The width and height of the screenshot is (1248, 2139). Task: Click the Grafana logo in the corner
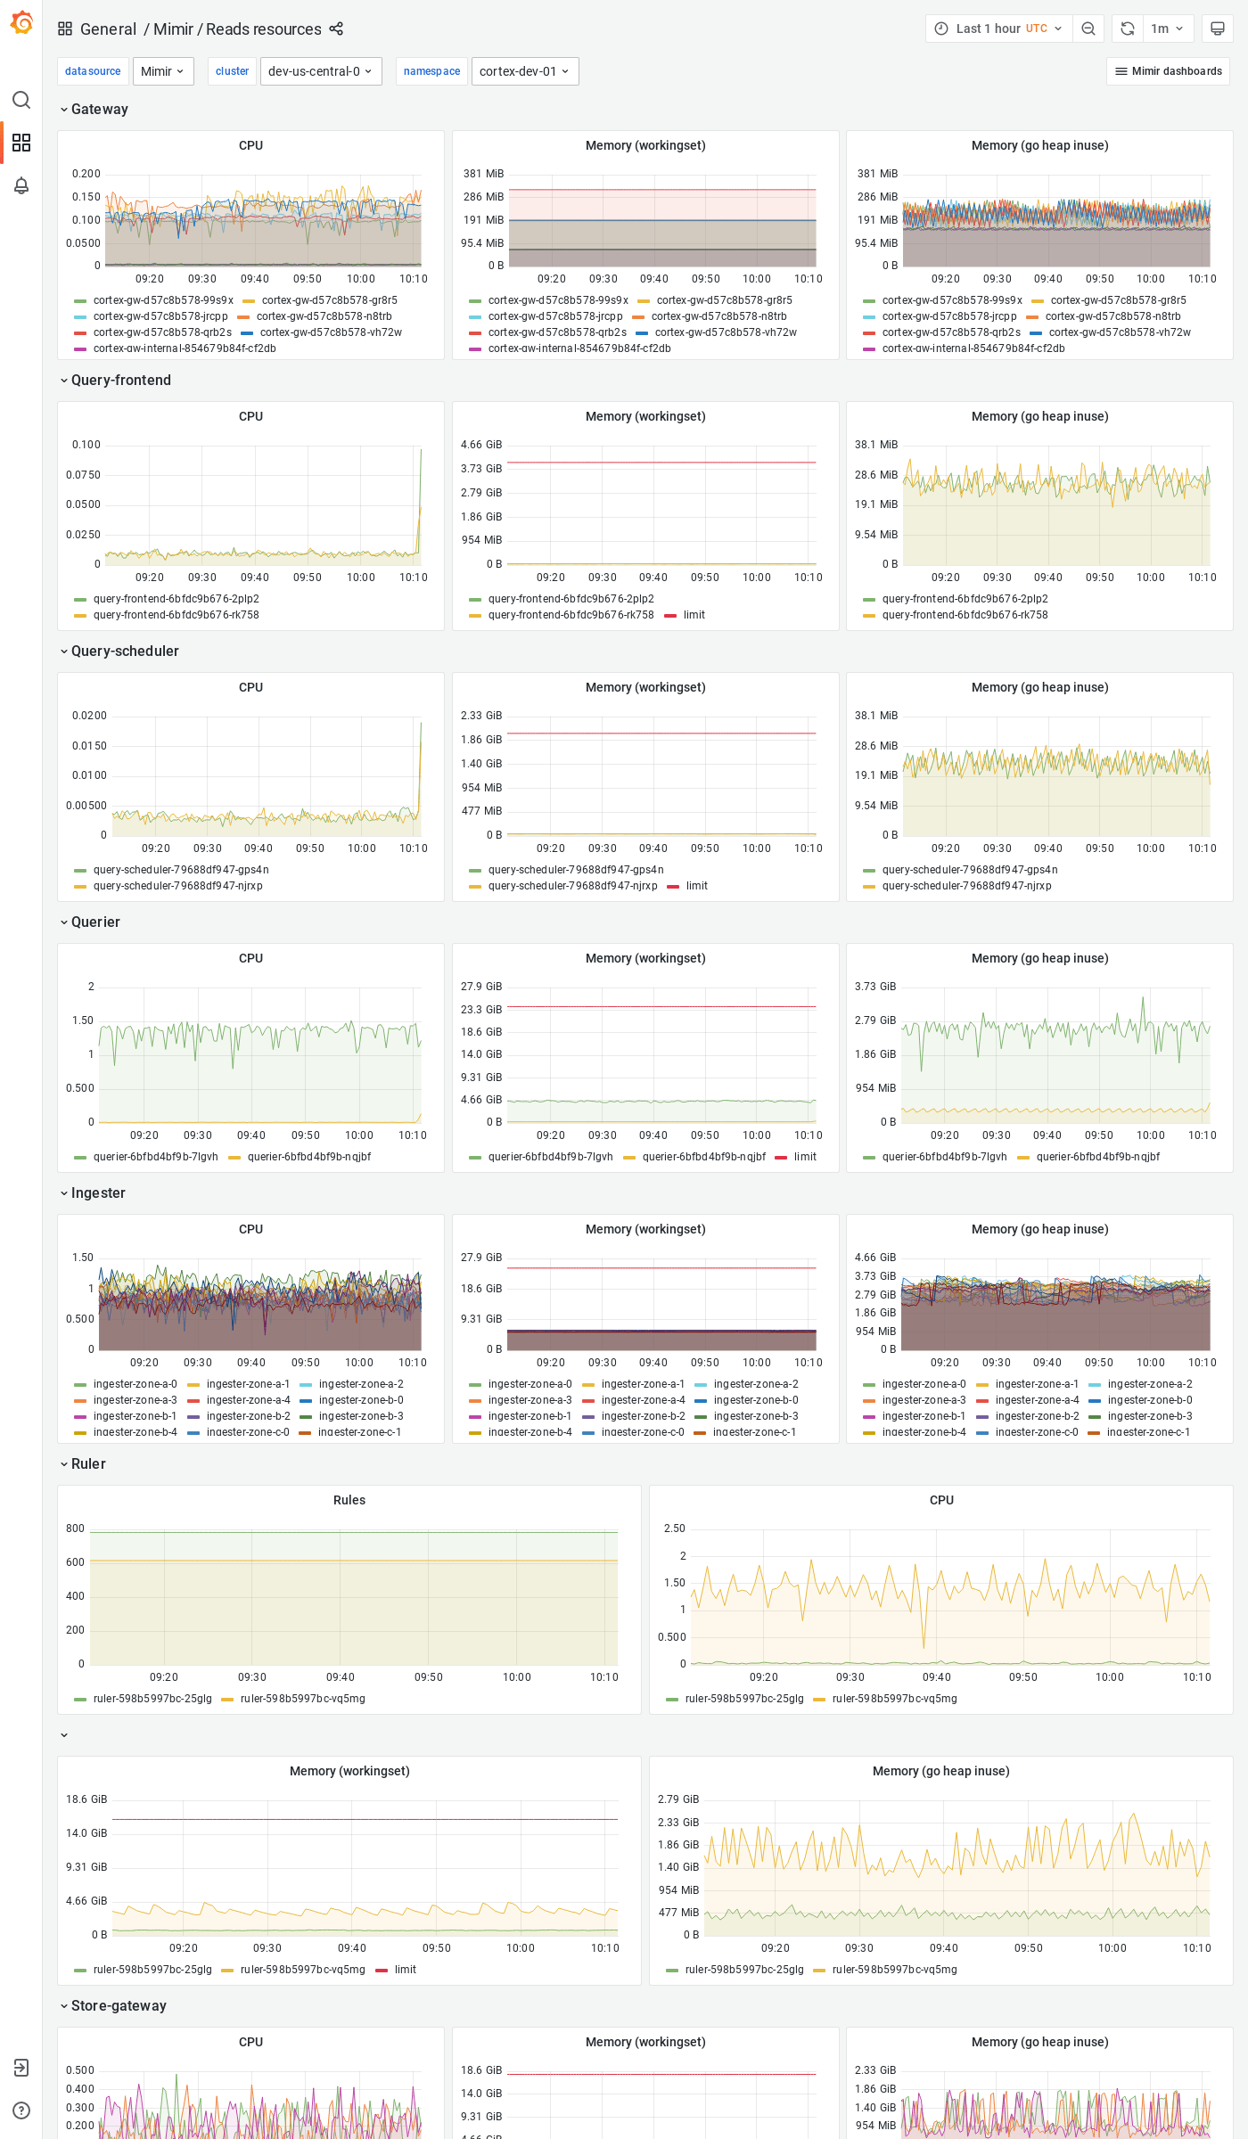[21, 23]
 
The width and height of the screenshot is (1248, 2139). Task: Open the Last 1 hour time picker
[998, 29]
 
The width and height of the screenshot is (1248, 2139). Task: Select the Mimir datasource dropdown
[163, 71]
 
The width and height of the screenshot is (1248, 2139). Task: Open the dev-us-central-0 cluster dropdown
[320, 71]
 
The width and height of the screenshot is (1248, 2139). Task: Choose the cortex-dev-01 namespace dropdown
[524, 71]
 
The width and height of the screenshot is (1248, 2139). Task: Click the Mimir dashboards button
[1168, 71]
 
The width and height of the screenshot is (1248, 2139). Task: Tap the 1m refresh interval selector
[1166, 29]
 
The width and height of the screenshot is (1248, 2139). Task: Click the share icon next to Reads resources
[336, 29]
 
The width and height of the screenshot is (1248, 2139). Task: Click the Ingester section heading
[98, 1192]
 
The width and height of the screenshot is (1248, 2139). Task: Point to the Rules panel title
[349, 1500]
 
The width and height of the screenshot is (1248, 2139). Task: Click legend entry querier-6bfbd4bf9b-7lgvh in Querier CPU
[155, 1157]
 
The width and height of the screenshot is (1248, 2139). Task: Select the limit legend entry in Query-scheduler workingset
[696, 886]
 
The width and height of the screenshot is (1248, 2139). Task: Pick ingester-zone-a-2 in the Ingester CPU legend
[360, 1384]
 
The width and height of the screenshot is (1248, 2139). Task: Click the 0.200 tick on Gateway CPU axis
[86, 174]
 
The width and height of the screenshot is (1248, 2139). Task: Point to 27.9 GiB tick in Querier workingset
[481, 987]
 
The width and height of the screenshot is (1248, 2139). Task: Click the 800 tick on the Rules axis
[75, 1528]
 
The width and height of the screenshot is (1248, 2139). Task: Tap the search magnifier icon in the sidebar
[21, 100]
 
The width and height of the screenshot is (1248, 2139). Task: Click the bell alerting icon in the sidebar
[21, 185]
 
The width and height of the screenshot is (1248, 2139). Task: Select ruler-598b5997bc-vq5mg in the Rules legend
[302, 1699]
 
